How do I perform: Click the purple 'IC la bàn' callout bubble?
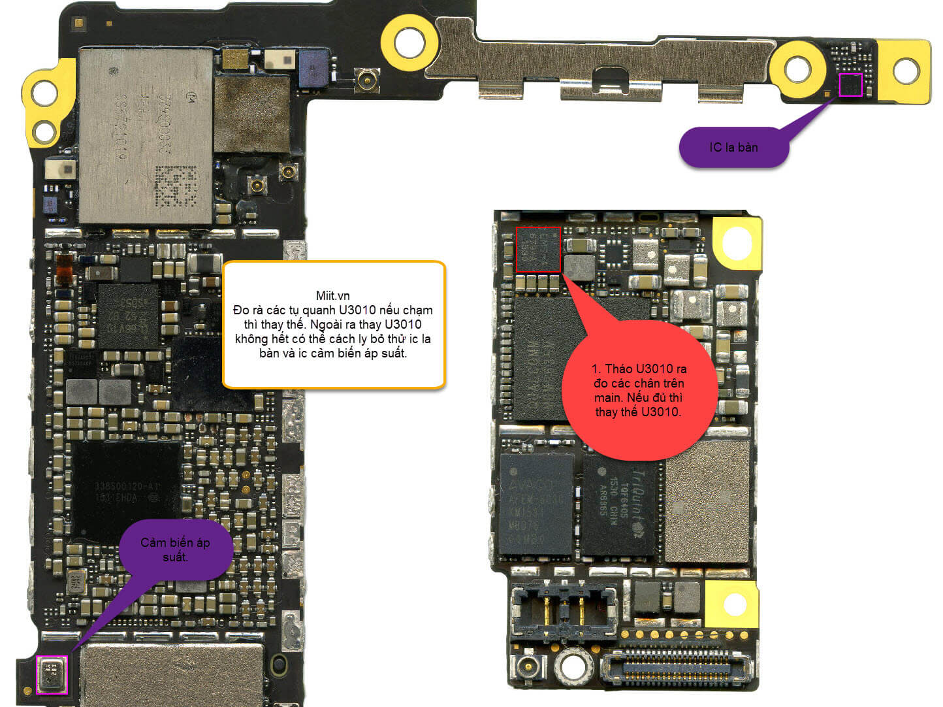(x=733, y=146)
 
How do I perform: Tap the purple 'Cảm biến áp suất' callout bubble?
(x=175, y=550)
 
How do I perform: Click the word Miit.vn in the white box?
(x=332, y=295)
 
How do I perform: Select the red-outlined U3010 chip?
(x=538, y=250)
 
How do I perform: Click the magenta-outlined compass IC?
(x=850, y=85)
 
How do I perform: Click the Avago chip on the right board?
(x=535, y=504)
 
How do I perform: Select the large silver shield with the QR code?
(x=146, y=135)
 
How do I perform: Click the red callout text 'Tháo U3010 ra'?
(x=639, y=369)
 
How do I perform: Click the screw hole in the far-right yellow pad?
(x=906, y=71)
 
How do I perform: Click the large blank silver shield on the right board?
(x=707, y=502)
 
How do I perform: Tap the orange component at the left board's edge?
(x=64, y=268)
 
